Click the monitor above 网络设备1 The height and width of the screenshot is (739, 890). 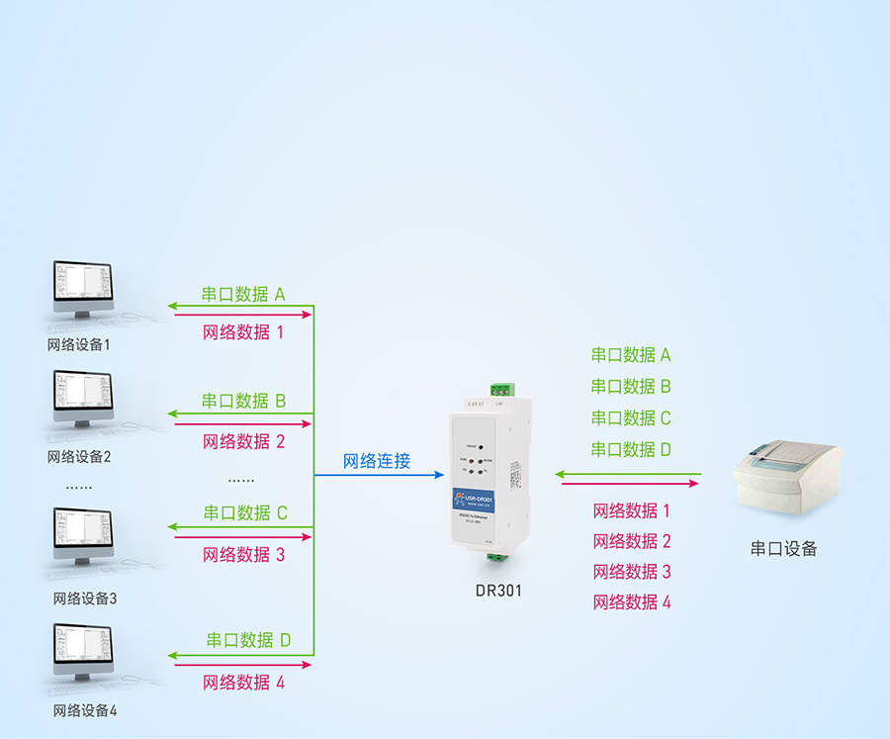coord(82,288)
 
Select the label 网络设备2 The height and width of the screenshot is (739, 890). coord(79,457)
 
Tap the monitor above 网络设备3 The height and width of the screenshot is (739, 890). coord(82,536)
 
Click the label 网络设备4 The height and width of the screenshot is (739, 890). coord(85,710)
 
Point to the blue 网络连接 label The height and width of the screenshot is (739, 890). coord(377,461)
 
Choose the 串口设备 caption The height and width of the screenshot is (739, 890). coord(784,548)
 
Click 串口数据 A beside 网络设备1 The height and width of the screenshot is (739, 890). coord(243,294)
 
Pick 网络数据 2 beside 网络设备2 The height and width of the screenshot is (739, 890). coord(243,441)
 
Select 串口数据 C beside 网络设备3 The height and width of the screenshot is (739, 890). coord(245,512)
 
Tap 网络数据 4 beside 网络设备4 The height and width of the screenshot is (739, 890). coord(243,683)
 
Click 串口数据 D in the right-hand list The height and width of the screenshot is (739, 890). coord(631,449)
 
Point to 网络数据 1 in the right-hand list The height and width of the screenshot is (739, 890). coord(631,510)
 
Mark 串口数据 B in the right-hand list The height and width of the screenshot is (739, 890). coord(631,386)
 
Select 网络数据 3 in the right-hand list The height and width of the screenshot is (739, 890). coord(631,572)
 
